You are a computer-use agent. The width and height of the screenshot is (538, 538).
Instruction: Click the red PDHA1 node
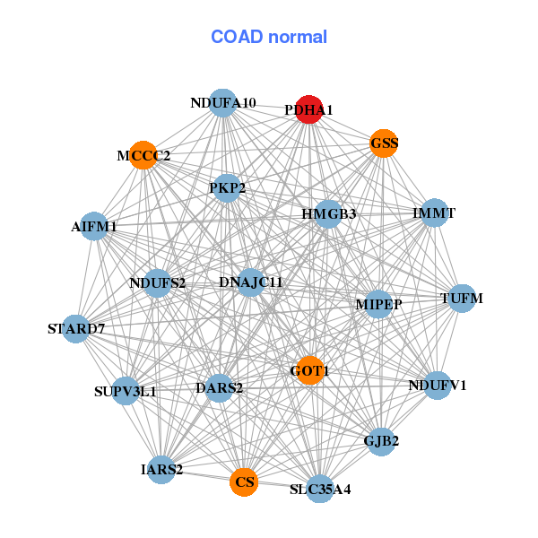click(x=309, y=109)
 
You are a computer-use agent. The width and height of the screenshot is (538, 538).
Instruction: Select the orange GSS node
click(x=384, y=143)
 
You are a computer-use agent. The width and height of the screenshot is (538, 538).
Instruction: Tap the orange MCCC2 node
click(x=143, y=155)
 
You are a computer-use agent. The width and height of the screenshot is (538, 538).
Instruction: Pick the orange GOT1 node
click(x=310, y=370)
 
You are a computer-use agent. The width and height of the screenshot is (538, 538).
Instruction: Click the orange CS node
click(x=244, y=482)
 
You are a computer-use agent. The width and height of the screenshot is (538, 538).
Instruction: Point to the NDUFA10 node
click(x=223, y=103)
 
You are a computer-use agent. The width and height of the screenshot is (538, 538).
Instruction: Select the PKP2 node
click(x=227, y=188)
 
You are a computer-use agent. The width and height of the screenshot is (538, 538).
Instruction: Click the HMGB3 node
click(x=328, y=214)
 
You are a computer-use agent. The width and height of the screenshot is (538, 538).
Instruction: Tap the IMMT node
click(x=434, y=213)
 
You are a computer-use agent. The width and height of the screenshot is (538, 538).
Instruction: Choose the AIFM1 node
click(x=93, y=226)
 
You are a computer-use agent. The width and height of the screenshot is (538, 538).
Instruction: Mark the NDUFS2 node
click(x=158, y=283)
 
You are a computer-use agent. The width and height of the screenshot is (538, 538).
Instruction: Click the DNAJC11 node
click(x=251, y=282)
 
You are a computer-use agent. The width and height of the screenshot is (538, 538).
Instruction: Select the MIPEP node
click(x=378, y=304)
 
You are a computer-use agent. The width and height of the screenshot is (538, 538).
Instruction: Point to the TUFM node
click(x=462, y=299)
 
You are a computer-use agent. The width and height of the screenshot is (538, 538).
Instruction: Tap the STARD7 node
click(x=76, y=329)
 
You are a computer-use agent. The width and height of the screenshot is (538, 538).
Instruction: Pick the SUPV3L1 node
click(x=126, y=391)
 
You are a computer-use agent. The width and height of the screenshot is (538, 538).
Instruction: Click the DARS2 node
click(x=220, y=388)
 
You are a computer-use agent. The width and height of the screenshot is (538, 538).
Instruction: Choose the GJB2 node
click(x=381, y=441)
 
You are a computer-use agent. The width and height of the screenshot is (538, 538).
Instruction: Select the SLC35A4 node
click(x=320, y=489)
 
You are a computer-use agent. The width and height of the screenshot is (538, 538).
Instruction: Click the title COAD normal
click(x=269, y=37)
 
